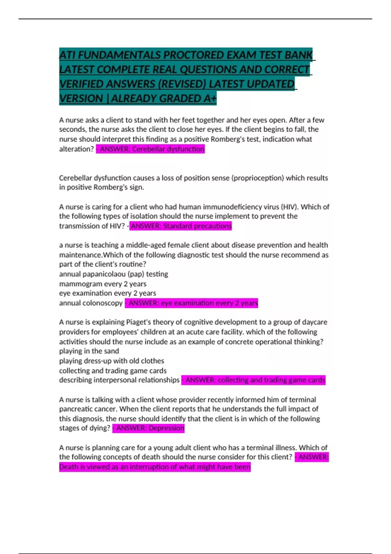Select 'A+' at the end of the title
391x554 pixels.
pyautogui.click(x=210, y=98)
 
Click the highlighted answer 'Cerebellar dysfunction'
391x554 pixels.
pyautogui.click(x=168, y=149)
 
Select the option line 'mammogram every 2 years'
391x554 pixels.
pyautogui.click(x=103, y=284)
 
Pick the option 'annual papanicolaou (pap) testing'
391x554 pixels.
pyautogui.click(x=113, y=274)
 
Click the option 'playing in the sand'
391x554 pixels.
pyautogui.click(x=89, y=351)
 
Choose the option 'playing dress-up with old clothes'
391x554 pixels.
pyautogui.click(x=111, y=361)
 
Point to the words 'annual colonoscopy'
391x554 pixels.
pyautogui.click(x=91, y=303)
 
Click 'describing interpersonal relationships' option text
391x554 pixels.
pyautogui.click(x=119, y=380)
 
